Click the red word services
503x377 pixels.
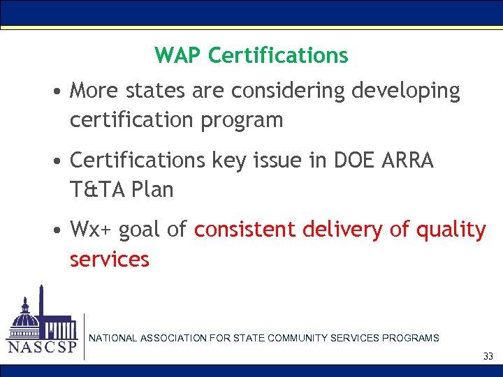[x=110, y=260]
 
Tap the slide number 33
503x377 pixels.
[x=488, y=357]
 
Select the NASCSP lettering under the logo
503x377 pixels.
[x=42, y=347]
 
